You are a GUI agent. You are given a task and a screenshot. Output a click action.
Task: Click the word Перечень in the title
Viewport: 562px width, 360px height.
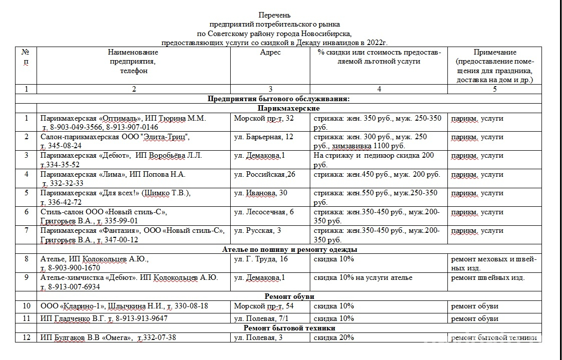(x=274, y=15)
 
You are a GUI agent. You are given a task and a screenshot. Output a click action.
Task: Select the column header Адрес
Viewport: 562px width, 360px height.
(x=270, y=52)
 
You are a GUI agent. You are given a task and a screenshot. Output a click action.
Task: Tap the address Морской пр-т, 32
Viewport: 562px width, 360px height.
(x=264, y=119)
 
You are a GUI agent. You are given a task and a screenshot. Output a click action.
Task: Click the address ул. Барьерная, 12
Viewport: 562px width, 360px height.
(x=264, y=137)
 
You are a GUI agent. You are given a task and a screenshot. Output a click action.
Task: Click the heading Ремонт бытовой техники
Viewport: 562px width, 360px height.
(x=289, y=328)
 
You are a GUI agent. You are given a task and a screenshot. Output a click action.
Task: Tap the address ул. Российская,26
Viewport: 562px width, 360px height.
(x=265, y=174)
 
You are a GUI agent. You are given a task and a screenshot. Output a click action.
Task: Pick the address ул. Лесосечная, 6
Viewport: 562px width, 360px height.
(x=264, y=212)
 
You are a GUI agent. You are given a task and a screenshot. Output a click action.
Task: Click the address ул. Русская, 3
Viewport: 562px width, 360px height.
(x=257, y=230)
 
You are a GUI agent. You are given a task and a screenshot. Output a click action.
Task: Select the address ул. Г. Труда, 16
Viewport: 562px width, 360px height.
(x=261, y=259)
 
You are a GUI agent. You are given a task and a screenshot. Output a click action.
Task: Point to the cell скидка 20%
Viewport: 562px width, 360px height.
(x=334, y=337)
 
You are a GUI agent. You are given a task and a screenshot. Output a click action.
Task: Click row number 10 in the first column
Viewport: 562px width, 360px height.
(x=26, y=306)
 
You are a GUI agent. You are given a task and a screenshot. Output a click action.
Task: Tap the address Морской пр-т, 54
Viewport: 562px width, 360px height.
(x=264, y=306)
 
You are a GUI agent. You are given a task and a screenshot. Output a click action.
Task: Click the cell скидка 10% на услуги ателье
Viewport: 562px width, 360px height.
(x=363, y=278)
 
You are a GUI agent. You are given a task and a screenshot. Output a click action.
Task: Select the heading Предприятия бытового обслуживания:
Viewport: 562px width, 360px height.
(x=278, y=99)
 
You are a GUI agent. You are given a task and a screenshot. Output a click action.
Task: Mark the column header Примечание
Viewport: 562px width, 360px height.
(x=494, y=52)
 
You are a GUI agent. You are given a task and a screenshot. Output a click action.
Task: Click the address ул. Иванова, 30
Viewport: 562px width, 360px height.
(x=261, y=193)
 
